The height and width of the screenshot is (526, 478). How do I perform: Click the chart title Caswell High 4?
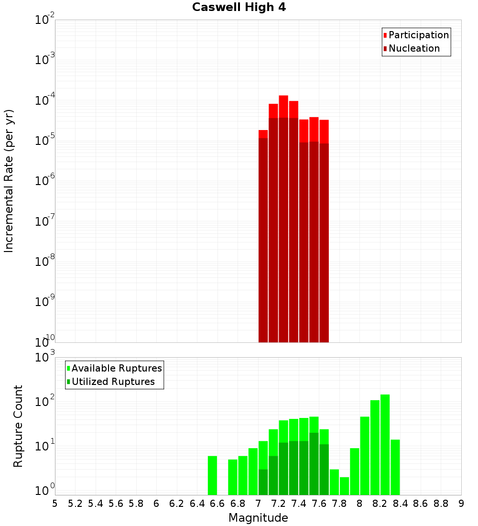coord(239,8)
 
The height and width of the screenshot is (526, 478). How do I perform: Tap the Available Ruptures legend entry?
coord(116,368)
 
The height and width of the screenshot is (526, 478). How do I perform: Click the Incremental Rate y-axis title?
coord(9,181)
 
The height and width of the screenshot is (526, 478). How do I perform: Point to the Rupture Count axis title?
coord(18,426)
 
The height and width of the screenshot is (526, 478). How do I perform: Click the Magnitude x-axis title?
coord(258,518)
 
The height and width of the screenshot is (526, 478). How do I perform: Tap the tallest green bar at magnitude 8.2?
coord(385,445)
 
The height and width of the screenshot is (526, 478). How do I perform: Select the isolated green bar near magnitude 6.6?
coord(212,475)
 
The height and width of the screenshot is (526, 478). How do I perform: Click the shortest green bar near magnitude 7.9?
coord(344,486)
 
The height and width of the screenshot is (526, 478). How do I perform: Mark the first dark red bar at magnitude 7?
coord(263,239)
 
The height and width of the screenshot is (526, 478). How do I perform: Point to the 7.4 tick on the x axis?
coord(299,503)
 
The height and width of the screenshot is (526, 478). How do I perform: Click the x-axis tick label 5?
coord(55,503)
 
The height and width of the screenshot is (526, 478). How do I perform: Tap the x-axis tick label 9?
coord(461,503)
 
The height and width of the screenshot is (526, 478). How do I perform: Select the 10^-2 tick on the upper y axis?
coord(45,20)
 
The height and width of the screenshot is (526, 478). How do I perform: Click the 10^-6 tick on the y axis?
coord(45,181)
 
